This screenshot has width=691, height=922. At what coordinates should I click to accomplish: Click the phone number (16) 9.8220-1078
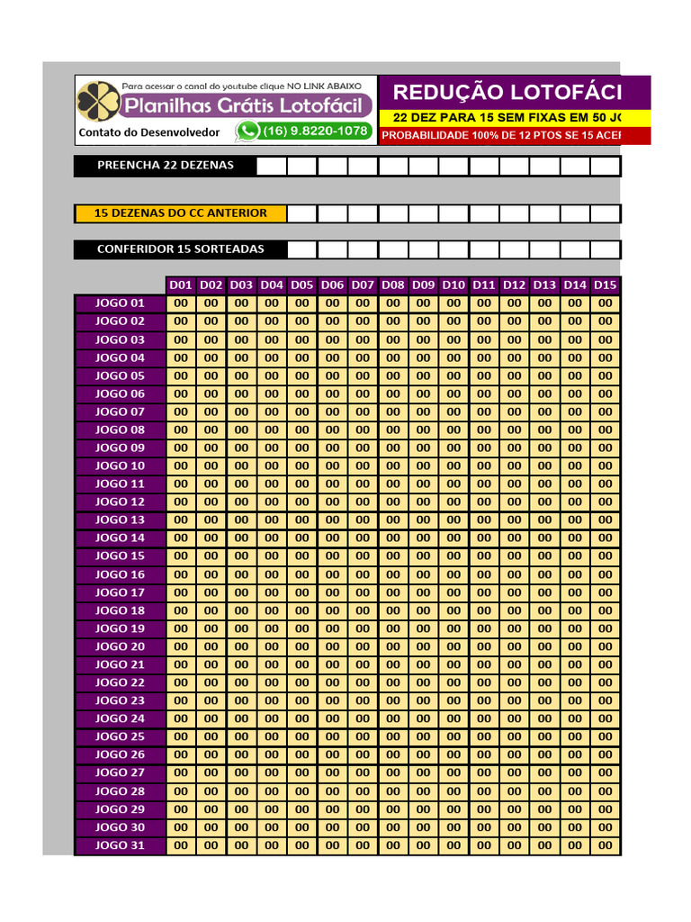[314, 131]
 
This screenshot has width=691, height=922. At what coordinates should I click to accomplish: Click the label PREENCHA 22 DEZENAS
[165, 165]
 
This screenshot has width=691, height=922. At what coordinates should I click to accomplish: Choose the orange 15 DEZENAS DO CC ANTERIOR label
[180, 213]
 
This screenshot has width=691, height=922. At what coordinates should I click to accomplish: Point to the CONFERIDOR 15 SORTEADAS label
[180, 249]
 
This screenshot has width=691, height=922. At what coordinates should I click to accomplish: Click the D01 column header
[181, 285]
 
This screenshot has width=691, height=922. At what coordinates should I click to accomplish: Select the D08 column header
[393, 285]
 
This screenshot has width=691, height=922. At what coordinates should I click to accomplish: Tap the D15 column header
[606, 285]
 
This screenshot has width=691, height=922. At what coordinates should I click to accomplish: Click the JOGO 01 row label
[120, 303]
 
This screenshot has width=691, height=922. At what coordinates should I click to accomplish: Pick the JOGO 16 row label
[120, 574]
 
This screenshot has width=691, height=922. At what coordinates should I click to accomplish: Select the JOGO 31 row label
[120, 845]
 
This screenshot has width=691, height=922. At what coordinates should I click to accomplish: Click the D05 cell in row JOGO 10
[302, 466]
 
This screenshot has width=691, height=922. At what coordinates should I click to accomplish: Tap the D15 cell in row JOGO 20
[606, 646]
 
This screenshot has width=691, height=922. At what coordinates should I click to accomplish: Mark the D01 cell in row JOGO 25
[181, 737]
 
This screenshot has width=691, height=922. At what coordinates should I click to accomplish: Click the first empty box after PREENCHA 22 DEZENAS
[272, 166]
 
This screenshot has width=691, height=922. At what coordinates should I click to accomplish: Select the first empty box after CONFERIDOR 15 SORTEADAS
[302, 249]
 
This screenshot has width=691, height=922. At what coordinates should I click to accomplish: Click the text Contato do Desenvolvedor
[149, 132]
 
